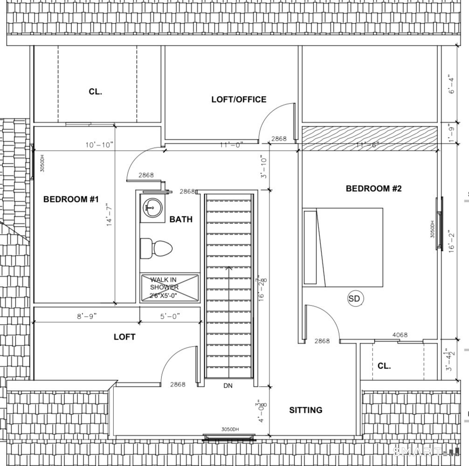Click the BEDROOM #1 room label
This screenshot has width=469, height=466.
pos(71,200)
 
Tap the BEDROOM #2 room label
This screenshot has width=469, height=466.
pos(373,188)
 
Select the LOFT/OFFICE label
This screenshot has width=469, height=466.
pos(239,99)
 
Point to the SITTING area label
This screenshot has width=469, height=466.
pos(305,410)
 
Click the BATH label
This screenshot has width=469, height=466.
pos(181,219)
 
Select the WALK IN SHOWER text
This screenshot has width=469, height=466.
pos(165,284)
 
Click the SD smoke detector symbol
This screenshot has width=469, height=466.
pos(354,299)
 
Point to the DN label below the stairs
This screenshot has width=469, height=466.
pos(228,386)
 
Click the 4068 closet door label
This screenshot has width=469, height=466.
pos(400,335)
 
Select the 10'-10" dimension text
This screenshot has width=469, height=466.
pos(99,145)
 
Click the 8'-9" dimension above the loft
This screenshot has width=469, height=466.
pos(86,316)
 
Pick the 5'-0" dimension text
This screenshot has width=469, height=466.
pos(170,316)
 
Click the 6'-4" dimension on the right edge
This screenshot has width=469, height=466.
pos(451,84)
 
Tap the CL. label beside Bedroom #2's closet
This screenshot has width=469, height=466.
pos(384,366)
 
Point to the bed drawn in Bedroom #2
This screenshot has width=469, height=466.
pos(344,247)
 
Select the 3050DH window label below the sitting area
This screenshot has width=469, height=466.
pos(230,429)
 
